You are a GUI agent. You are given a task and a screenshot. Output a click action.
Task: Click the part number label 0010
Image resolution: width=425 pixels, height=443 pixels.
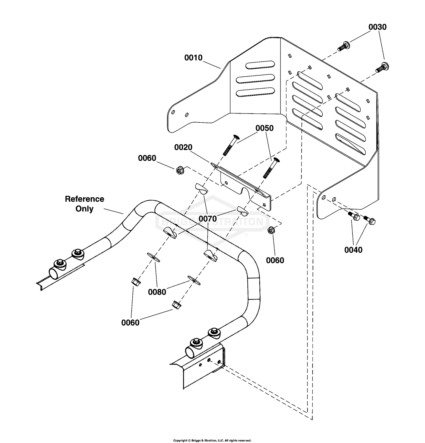[193, 58]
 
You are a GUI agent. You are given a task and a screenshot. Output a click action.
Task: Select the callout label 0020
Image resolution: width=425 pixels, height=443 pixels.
[183, 147]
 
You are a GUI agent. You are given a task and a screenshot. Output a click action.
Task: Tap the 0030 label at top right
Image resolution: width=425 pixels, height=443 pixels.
[377, 27]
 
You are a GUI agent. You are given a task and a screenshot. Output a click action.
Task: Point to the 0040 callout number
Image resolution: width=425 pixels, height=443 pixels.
[353, 250]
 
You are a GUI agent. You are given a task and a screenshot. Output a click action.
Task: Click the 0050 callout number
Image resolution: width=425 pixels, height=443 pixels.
[264, 128]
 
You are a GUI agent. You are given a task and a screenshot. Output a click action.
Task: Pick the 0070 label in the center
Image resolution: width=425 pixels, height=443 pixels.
[207, 219]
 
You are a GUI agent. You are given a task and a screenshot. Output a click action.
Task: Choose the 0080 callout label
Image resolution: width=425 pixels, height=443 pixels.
[157, 292]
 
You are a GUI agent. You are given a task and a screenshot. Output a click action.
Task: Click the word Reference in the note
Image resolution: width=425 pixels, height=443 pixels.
[84, 199]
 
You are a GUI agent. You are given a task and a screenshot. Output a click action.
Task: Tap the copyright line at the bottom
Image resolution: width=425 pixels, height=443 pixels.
[212, 440]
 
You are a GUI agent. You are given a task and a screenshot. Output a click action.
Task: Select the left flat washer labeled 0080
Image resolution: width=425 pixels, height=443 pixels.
[153, 257]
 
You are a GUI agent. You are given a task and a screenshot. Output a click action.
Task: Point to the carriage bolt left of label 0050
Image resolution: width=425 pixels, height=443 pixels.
[230, 145]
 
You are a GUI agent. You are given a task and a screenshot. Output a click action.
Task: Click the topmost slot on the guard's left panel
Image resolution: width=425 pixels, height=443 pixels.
[260, 65]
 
